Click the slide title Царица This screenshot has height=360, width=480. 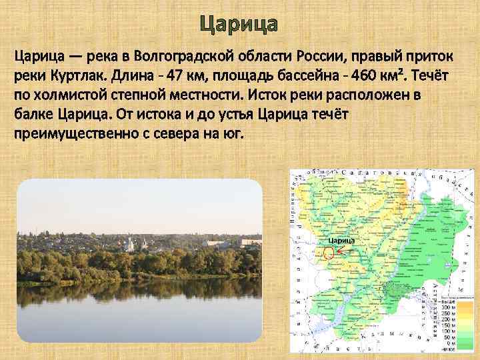point(239,24)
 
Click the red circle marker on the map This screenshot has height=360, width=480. point(328,253)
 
